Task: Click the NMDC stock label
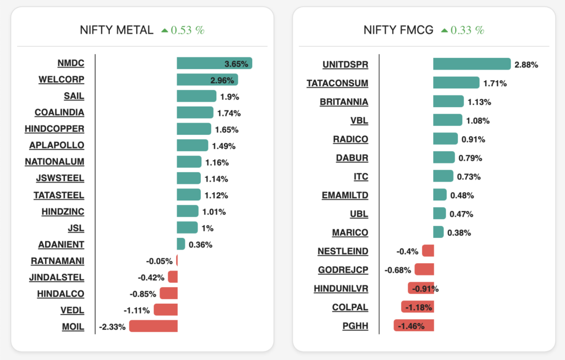(x=71, y=63)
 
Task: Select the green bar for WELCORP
(x=207, y=80)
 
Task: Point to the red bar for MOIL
(x=153, y=326)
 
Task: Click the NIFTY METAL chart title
(x=116, y=30)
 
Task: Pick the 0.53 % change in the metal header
(x=188, y=30)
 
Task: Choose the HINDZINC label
(x=62, y=211)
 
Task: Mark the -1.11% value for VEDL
(x=137, y=310)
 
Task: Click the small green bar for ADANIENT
(x=180, y=244)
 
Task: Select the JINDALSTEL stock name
(x=57, y=277)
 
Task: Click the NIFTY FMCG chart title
(x=398, y=30)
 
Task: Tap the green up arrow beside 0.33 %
(x=444, y=31)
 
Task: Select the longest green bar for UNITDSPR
(x=472, y=64)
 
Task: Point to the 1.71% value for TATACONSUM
(x=495, y=83)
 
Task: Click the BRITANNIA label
(x=344, y=102)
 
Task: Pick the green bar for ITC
(x=443, y=176)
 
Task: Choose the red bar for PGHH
(x=414, y=326)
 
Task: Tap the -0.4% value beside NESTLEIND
(x=407, y=251)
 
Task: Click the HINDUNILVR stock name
(x=340, y=289)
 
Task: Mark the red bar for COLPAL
(x=417, y=307)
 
